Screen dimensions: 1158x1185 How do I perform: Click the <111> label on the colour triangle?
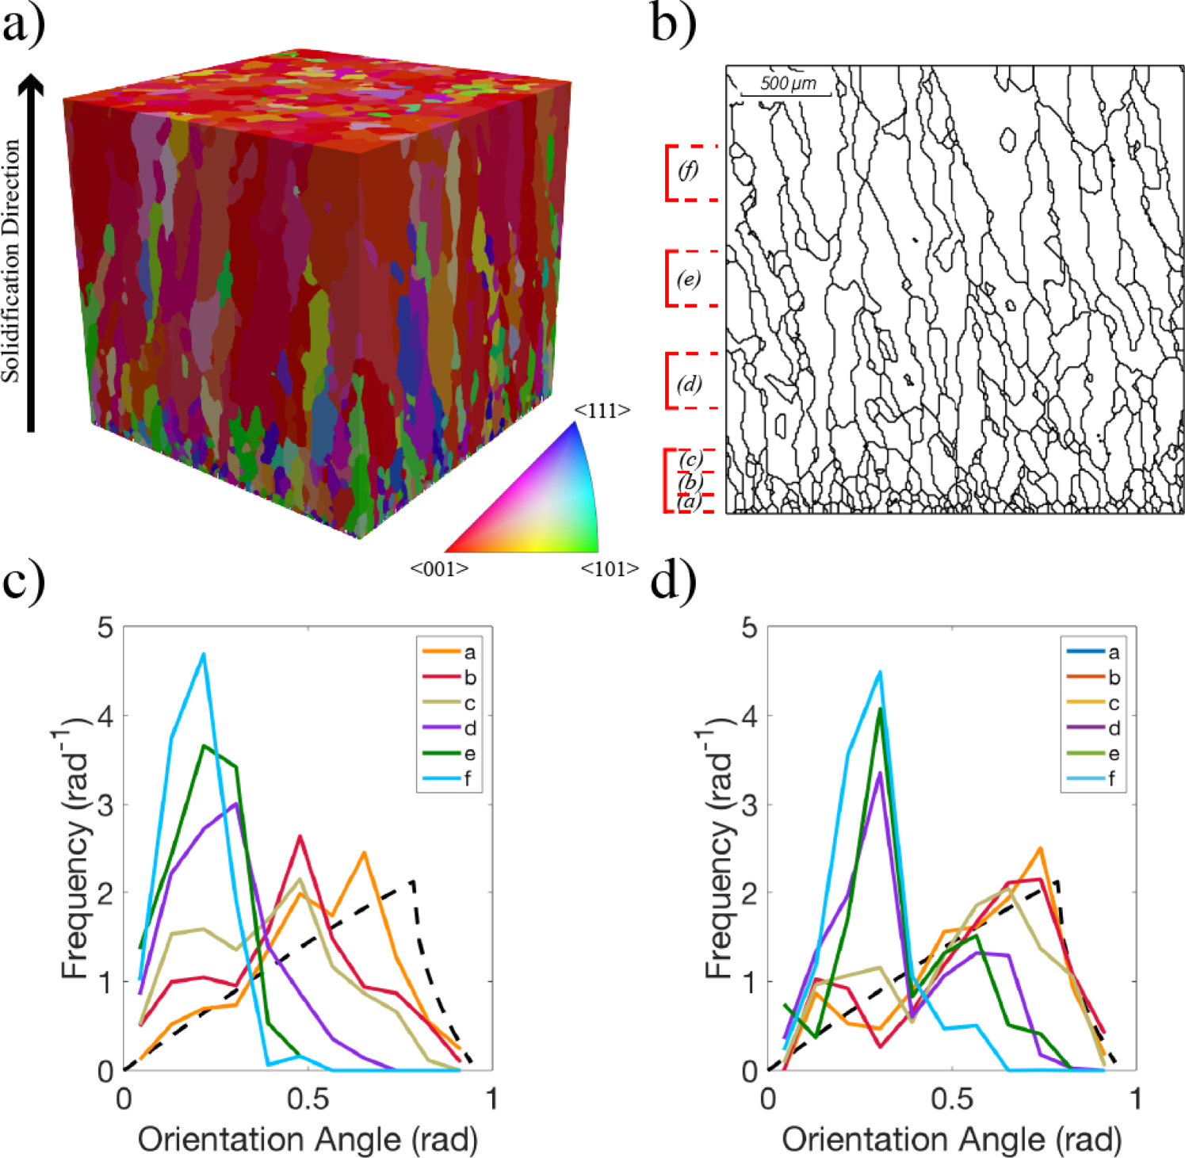[602, 411]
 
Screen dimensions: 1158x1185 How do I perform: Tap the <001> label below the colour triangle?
[439, 569]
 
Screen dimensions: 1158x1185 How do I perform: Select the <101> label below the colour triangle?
[610, 569]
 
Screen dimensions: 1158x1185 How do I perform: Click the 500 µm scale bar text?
[787, 83]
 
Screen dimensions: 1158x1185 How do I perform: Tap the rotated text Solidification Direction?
[11, 262]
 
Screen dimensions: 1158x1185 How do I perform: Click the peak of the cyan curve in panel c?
[204, 654]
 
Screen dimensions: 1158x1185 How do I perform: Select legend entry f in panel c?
[449, 778]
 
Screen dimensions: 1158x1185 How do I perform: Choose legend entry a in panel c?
[449, 652]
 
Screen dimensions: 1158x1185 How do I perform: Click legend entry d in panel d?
[1093, 728]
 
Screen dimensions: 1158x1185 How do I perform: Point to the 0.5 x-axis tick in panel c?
[308, 1099]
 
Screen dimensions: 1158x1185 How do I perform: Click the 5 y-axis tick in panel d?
[749, 628]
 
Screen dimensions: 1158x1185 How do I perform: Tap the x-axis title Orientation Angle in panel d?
[951, 1140]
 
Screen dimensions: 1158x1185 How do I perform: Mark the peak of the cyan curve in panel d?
[880, 672]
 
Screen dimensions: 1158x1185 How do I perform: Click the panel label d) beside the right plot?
[673, 581]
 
